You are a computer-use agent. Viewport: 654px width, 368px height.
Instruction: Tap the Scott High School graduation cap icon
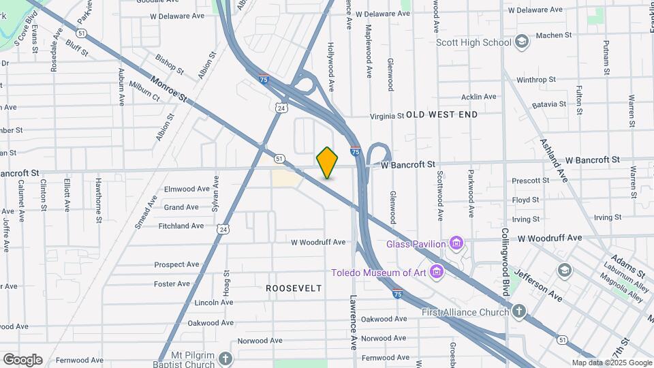pyautogui.click(x=522, y=42)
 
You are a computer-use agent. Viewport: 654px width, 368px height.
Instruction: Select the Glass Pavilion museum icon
pyautogui.click(x=456, y=243)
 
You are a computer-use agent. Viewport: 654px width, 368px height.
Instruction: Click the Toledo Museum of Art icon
pyautogui.click(x=437, y=273)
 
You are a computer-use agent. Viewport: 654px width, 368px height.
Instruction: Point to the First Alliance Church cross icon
pyautogui.click(x=519, y=312)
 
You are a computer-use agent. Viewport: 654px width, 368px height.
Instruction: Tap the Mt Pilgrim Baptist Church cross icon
pyautogui.click(x=225, y=358)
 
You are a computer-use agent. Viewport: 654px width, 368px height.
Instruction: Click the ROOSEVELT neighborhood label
pyautogui.click(x=294, y=288)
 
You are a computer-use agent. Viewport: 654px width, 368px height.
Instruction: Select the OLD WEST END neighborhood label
pyautogui.click(x=442, y=115)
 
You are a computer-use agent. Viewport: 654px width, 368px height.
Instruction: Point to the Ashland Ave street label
pyautogui.click(x=554, y=162)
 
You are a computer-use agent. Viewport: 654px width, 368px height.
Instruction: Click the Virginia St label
pyautogui.click(x=387, y=116)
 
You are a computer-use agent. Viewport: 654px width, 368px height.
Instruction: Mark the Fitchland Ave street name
pyautogui.click(x=181, y=226)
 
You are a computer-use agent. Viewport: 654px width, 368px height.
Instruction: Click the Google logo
pyautogui.click(x=22, y=360)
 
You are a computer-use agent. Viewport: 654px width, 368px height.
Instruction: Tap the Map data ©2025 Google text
pyautogui.click(x=611, y=363)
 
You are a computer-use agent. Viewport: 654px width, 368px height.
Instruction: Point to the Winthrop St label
pyautogui.click(x=536, y=80)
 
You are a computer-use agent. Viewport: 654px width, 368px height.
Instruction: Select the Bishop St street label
pyautogui.click(x=170, y=64)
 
